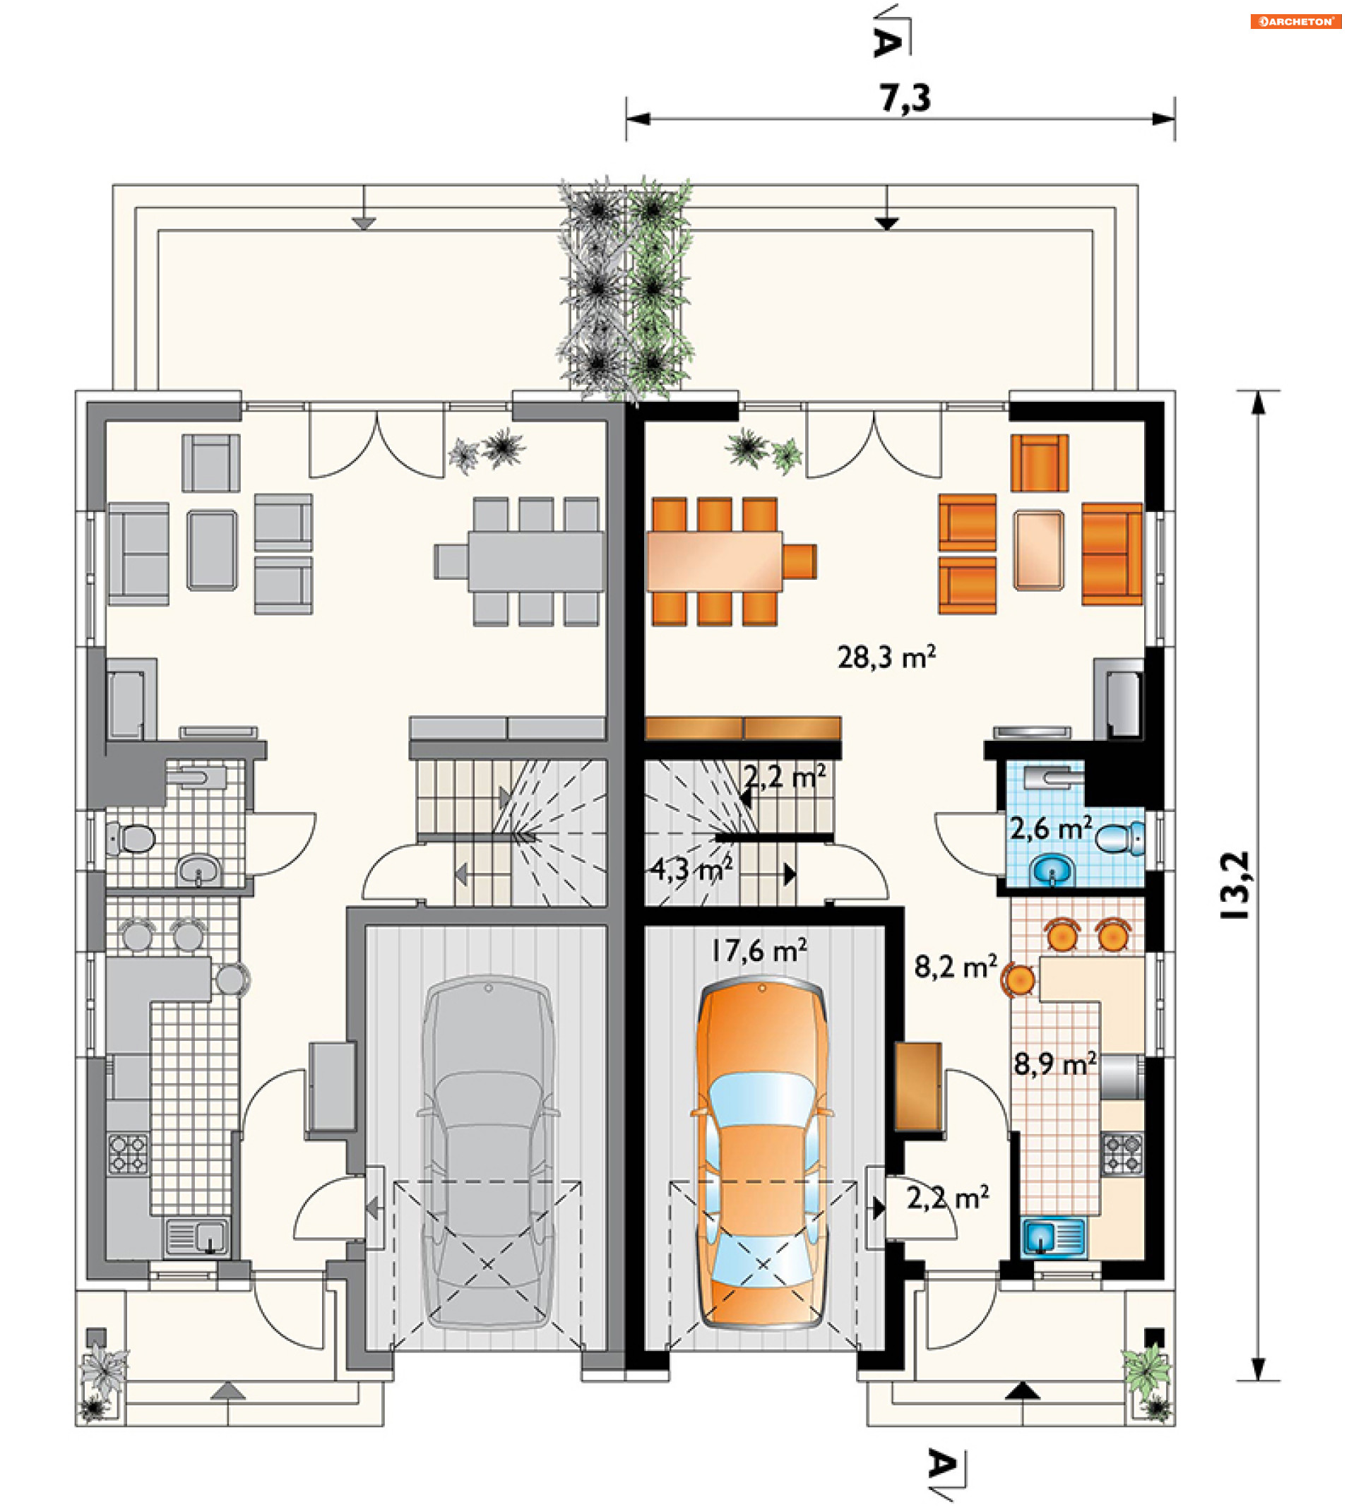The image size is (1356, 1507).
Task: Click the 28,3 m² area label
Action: [886, 657]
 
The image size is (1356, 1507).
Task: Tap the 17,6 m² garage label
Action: [759, 951]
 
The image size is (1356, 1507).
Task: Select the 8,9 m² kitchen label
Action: [1054, 1064]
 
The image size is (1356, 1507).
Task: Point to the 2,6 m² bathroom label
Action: [1052, 828]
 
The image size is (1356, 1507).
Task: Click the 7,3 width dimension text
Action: [905, 97]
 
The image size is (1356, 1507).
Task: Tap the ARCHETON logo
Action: [1296, 22]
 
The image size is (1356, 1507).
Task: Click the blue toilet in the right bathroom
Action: [1121, 838]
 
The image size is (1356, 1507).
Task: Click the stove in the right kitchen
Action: [1122, 1154]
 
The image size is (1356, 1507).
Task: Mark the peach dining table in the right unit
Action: [715, 561]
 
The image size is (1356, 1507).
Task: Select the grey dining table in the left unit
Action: [536, 561]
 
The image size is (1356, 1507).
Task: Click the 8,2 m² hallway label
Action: [955, 967]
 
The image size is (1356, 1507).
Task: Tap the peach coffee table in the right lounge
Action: [1039, 549]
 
